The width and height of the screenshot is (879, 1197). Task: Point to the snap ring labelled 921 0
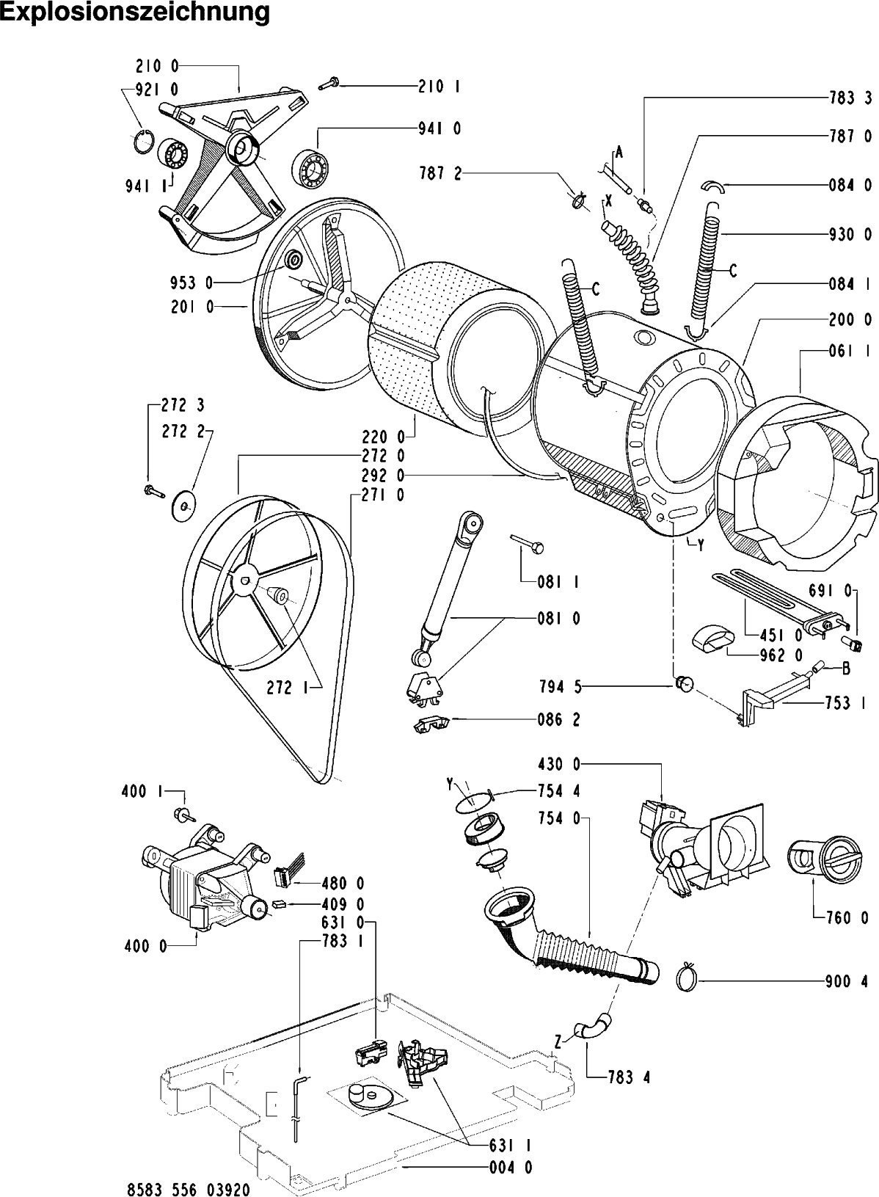click(146, 140)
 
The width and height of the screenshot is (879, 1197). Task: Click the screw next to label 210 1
click(327, 86)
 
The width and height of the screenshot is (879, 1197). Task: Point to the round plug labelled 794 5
click(684, 684)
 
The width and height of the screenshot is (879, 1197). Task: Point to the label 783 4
click(628, 1077)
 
